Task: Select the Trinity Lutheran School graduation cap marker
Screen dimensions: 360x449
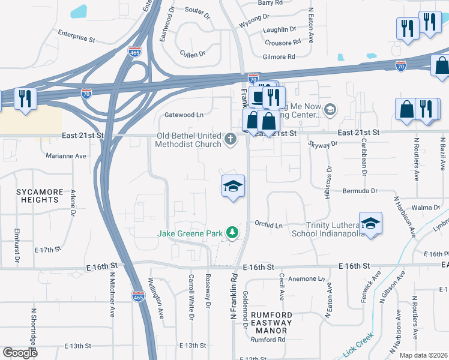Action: [371, 223]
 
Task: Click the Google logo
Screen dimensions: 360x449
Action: [20, 352]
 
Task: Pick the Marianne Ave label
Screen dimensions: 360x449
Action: [67, 155]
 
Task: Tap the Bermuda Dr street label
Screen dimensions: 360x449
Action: [360, 191]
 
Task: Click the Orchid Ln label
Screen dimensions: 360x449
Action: [268, 225]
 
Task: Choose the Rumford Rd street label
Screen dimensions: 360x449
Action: [268, 340]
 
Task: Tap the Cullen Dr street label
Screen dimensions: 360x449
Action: [193, 54]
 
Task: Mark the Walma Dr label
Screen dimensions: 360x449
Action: [426, 208]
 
